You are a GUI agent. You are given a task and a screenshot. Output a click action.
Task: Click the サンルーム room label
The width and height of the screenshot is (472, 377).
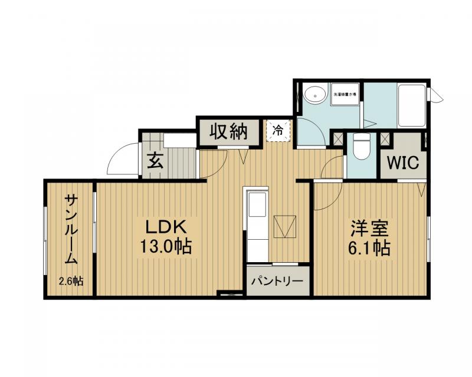tap(70, 230)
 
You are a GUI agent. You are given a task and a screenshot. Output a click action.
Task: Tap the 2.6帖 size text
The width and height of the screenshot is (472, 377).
tap(70, 281)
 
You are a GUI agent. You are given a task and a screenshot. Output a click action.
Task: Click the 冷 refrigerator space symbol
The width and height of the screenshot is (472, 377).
tap(277, 128)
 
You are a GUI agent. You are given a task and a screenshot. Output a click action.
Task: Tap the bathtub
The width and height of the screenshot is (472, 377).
tap(411, 106)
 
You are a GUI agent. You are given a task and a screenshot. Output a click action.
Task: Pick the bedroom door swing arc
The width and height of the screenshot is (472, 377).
tap(324, 197)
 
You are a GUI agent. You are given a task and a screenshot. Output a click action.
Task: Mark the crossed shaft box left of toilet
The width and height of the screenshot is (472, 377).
tap(338, 139)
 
